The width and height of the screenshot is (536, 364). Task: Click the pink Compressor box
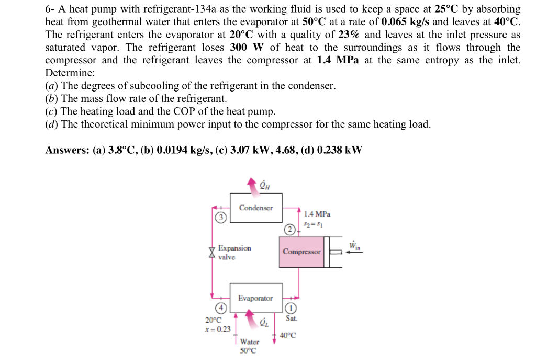click(302, 252)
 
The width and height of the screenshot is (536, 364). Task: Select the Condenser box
click(256, 208)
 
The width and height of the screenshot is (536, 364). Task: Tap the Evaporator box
click(255, 298)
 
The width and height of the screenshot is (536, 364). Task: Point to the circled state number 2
click(289, 229)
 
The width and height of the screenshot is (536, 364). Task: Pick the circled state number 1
click(292, 308)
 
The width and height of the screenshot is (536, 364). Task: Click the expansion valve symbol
click(211, 252)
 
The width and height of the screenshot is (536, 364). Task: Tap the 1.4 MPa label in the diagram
click(317, 214)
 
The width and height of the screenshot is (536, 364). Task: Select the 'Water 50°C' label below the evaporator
click(249, 346)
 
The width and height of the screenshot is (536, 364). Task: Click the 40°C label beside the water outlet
click(288, 335)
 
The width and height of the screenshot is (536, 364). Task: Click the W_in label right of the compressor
click(354, 245)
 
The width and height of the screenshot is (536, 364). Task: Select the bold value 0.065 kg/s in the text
click(406, 22)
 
